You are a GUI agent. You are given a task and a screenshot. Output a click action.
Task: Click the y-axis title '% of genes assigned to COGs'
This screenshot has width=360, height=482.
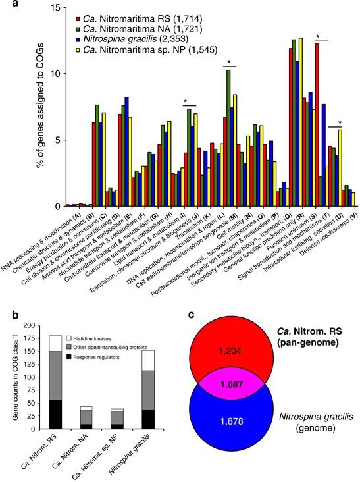tap(33, 105)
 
